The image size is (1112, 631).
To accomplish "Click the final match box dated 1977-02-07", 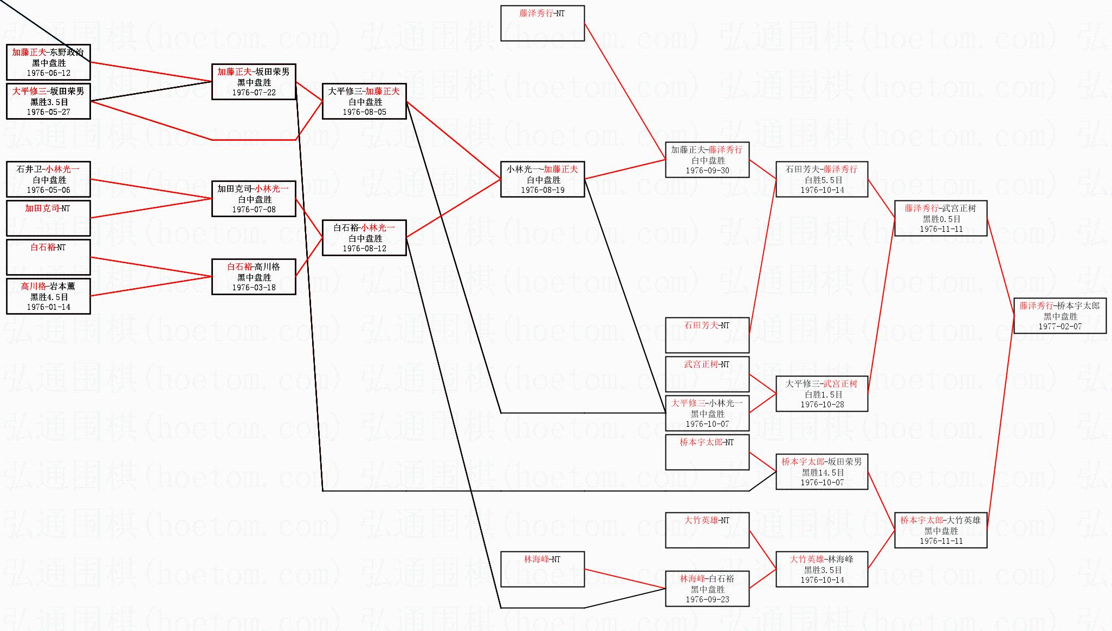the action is point(1059,316).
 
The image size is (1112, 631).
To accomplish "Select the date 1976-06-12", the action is point(48,73).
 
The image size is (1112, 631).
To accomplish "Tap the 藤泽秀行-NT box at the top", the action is point(542,23).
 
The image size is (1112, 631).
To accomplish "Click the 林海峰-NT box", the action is point(542,569).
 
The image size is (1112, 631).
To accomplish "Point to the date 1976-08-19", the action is point(542,190).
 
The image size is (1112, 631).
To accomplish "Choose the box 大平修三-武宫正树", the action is point(822,394).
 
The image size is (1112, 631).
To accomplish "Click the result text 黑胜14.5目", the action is point(822,472).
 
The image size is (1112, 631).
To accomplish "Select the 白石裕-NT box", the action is point(48,257).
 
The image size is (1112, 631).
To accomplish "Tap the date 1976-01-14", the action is point(48,307).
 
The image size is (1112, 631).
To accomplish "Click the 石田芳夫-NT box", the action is point(707,335).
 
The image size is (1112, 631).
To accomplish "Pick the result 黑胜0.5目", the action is point(941,219).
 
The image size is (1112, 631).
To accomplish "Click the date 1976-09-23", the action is point(707,600).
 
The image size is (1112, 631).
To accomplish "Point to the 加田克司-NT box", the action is point(48,218).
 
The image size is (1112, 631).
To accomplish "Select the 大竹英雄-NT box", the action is point(707,530).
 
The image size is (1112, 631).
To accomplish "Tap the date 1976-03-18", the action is point(254,288).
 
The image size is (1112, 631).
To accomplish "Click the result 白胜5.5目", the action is point(822,180).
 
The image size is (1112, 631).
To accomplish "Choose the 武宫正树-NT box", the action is point(707,374).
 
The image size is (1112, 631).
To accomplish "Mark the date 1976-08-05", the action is point(364,112).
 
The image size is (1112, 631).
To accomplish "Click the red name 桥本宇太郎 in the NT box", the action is point(701,443).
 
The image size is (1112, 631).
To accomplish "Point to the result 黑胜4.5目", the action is point(48,297).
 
